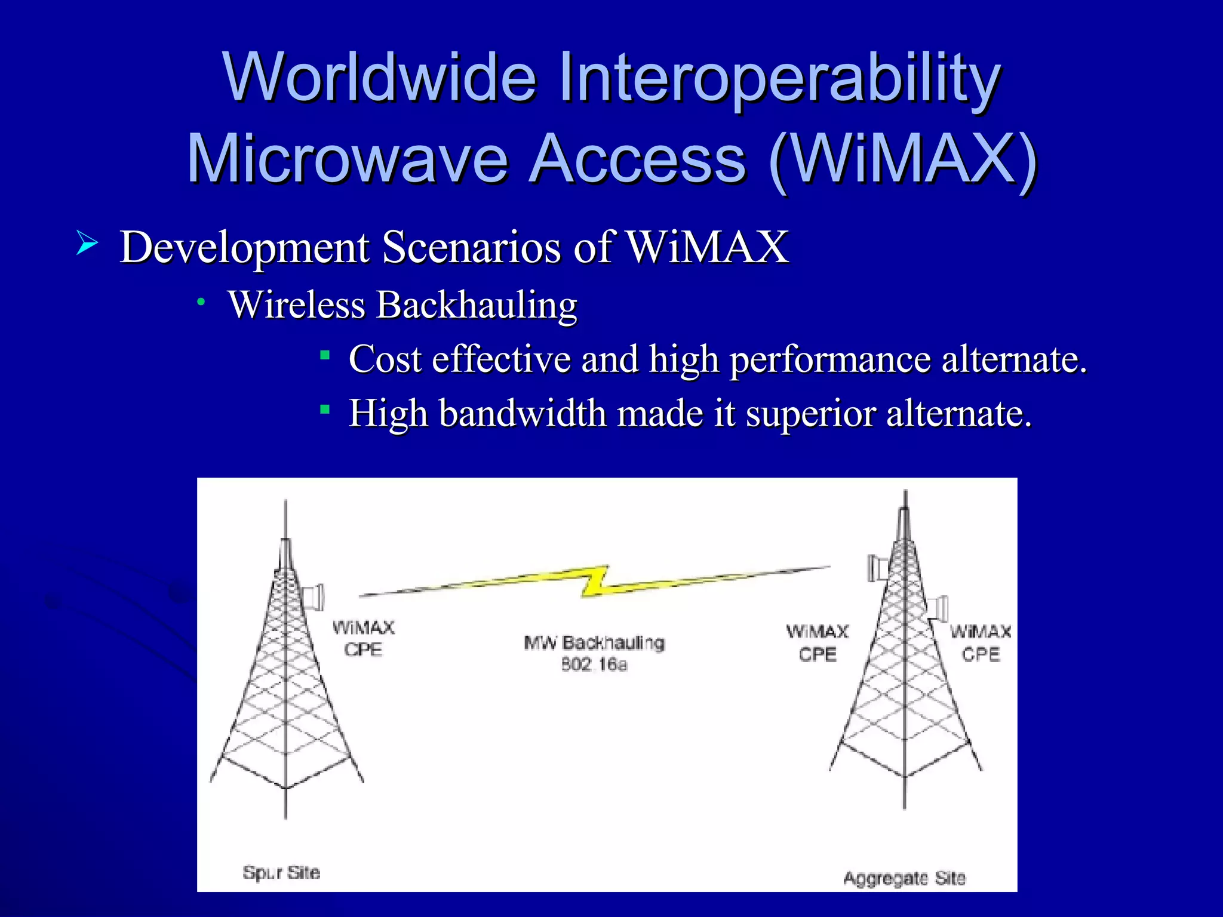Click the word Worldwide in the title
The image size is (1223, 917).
379,78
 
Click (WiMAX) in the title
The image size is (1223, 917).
903,159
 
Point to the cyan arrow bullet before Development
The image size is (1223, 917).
87,244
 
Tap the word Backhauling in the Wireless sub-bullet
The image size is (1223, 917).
477,305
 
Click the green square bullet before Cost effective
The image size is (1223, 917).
325,356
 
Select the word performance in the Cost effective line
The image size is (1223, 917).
830,359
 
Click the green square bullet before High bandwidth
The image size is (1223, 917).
325,409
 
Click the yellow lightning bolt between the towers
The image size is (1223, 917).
595,581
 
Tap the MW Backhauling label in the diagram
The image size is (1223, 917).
594,643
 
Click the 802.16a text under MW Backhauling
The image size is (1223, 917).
594,664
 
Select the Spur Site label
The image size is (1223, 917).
281,872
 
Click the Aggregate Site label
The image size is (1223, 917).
904,878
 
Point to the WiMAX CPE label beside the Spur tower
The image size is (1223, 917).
363,638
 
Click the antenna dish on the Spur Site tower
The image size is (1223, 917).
313,596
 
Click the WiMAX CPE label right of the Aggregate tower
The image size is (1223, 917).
981,642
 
